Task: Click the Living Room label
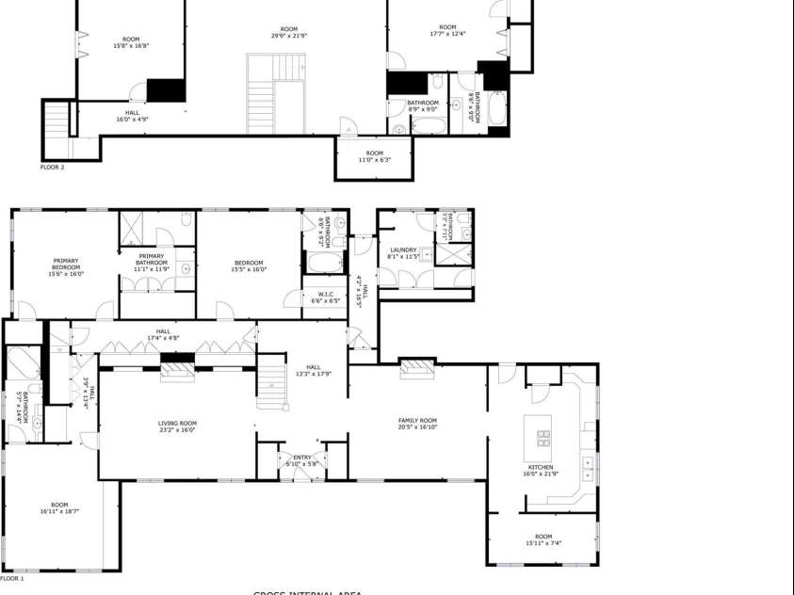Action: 176,424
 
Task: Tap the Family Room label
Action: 416,421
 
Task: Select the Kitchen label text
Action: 540,467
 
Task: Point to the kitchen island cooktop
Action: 544,439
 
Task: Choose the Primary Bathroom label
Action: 151,259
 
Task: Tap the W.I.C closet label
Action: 326,294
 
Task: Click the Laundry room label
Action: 403,249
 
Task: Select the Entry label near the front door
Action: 301,458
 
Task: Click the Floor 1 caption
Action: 12,579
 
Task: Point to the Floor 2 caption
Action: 52,167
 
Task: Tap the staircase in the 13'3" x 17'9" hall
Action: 271,377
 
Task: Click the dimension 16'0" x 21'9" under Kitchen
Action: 540,474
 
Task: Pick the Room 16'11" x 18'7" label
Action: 59,508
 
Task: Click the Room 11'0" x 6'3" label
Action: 374,156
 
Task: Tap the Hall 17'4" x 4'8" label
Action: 163,334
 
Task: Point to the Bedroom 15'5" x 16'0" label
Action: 249,266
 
